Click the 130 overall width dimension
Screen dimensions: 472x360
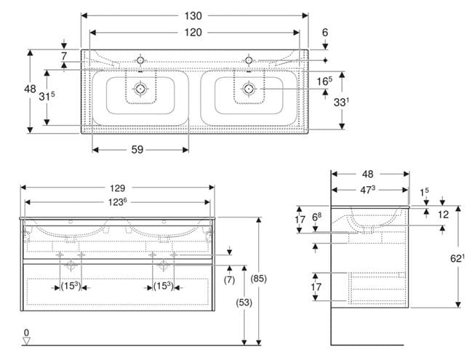[193, 16]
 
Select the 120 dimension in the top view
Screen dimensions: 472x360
[193, 32]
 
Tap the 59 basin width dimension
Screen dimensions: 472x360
[137, 150]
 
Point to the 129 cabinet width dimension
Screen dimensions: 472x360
[117, 188]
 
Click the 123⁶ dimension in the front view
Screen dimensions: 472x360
[117, 202]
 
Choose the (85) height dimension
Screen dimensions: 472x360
[259, 279]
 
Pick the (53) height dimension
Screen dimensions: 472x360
[244, 303]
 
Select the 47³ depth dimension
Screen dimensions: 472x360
[368, 190]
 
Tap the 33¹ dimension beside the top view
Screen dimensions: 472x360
[341, 102]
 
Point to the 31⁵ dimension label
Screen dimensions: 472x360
[47, 96]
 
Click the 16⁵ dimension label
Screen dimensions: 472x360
[324, 81]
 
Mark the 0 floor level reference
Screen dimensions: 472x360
[26, 332]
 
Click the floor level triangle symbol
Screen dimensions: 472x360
[26, 341]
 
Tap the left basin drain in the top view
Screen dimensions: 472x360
[140, 89]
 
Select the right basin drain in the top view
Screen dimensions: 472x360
[248, 89]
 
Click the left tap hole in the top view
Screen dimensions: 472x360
[140, 60]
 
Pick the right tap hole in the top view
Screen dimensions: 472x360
[248, 60]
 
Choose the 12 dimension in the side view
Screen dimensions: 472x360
[443, 215]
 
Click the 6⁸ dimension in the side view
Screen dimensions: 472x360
[316, 217]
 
